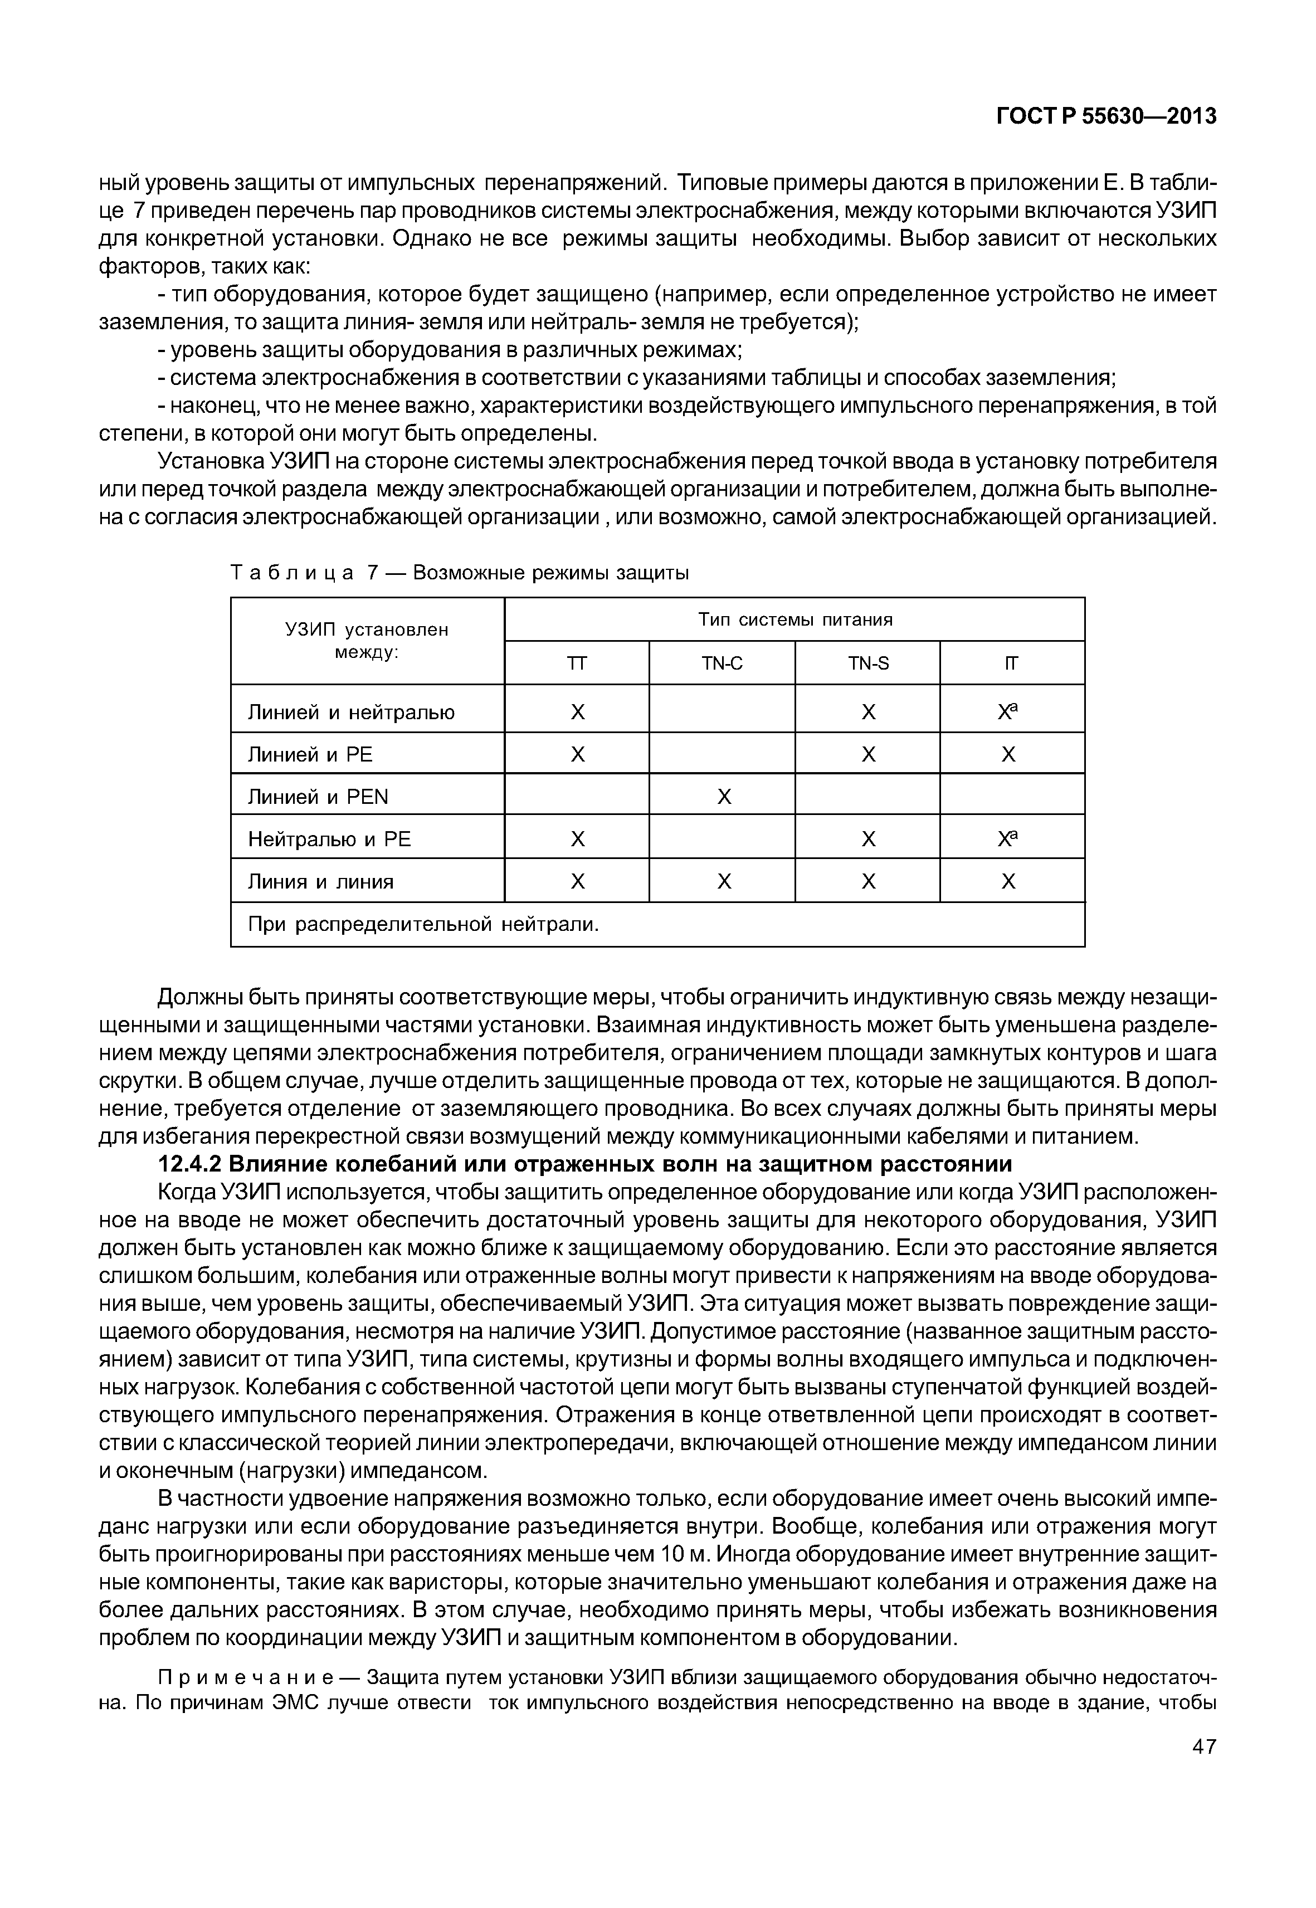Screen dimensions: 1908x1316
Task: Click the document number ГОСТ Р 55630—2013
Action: tap(1107, 117)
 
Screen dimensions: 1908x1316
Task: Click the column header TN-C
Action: tap(722, 663)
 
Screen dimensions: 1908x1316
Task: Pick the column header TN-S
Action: tap(867, 663)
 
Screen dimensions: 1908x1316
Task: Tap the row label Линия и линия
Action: tap(321, 882)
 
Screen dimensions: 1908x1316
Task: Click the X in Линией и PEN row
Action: tap(723, 797)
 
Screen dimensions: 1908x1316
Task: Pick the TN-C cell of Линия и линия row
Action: tap(723, 882)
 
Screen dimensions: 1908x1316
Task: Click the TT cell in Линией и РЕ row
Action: tap(577, 754)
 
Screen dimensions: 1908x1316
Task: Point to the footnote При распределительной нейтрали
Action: tap(423, 925)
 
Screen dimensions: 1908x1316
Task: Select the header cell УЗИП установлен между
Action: tap(367, 641)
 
